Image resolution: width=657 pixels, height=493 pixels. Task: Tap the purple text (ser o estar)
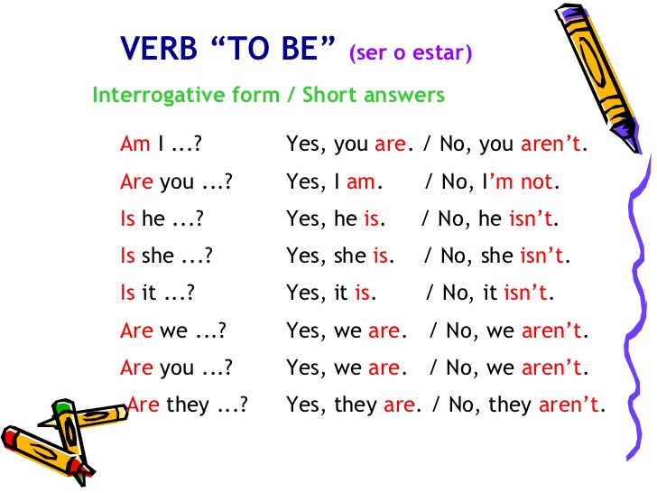pyautogui.click(x=411, y=52)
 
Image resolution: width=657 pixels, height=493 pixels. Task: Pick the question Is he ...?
pyautogui.click(x=162, y=219)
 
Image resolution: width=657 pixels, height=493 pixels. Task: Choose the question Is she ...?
pyautogui.click(x=166, y=256)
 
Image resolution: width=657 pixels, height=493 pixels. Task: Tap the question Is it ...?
pyautogui.click(x=158, y=293)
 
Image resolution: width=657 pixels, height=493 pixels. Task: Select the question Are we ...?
pyautogui.click(x=171, y=330)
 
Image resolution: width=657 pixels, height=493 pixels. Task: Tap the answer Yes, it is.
pyautogui.click(x=329, y=293)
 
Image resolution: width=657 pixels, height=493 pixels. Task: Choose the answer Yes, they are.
pyautogui.click(x=352, y=405)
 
